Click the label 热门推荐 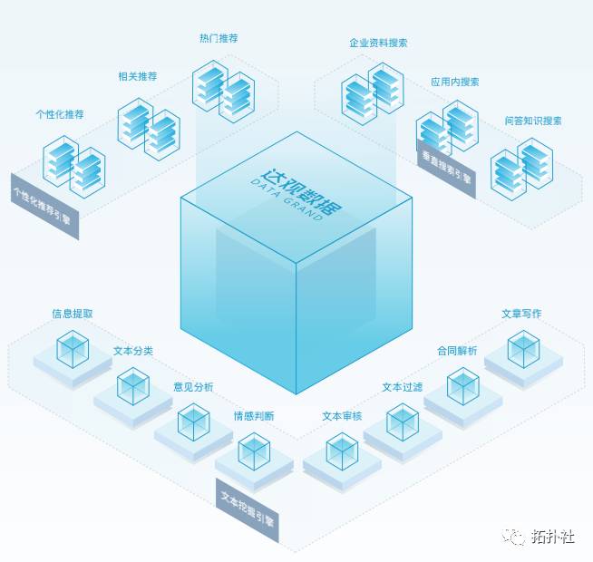219,39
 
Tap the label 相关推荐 137,76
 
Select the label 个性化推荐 59,114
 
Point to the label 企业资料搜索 378,43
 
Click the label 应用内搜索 455,82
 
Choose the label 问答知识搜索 533,121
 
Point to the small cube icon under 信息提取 73,349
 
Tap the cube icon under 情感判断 253,451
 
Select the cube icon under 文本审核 342,451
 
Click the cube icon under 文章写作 523,349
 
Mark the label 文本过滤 402,387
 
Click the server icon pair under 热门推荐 223,89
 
